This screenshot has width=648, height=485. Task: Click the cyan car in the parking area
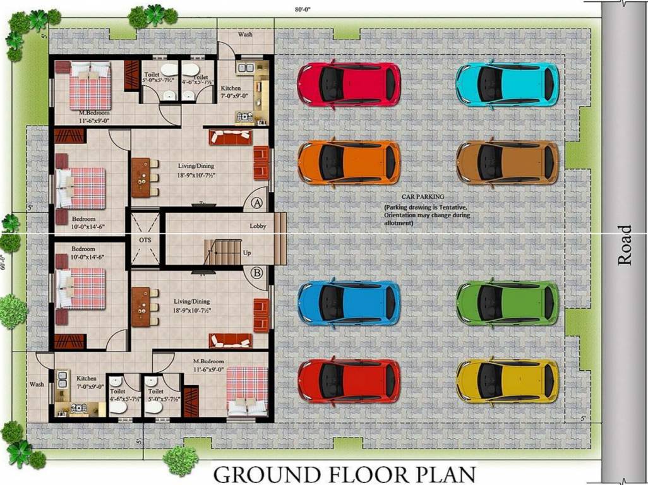pyautogui.click(x=507, y=84)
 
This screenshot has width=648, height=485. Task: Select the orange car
pyautogui.click(x=349, y=162)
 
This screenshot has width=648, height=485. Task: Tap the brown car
pyautogui.click(x=507, y=162)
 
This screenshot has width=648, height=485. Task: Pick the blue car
pyautogui.click(x=349, y=302)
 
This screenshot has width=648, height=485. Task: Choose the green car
pyautogui.click(x=507, y=302)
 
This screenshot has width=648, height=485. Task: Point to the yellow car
pyautogui.click(x=507, y=381)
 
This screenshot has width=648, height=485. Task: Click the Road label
pyautogui.click(x=624, y=244)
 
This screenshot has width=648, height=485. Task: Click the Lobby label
pyautogui.click(x=258, y=226)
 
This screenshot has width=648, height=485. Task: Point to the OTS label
pyautogui.click(x=145, y=241)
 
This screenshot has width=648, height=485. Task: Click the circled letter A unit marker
pyautogui.click(x=256, y=203)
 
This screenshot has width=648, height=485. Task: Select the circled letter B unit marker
pyautogui.click(x=256, y=273)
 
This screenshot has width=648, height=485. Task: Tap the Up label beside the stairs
pyautogui.click(x=248, y=253)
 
